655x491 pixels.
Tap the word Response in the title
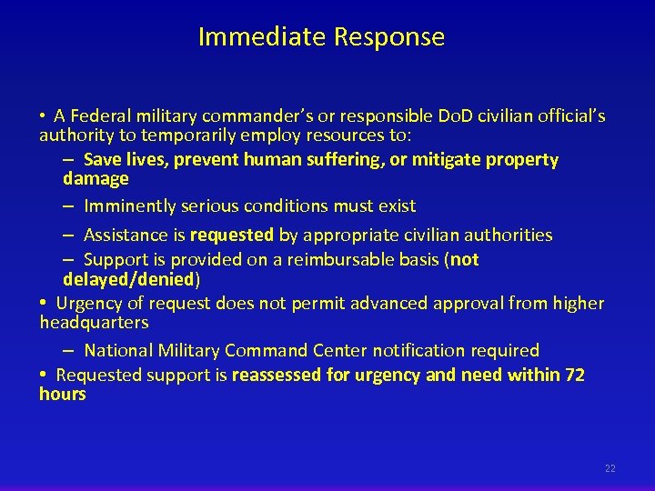point(388,37)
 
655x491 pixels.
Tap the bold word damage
point(96,179)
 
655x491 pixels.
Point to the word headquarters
point(94,323)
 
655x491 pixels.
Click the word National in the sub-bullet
point(118,351)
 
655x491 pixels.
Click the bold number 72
point(575,376)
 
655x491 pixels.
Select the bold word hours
point(62,395)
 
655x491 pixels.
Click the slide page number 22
point(610,468)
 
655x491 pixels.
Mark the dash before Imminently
point(69,206)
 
